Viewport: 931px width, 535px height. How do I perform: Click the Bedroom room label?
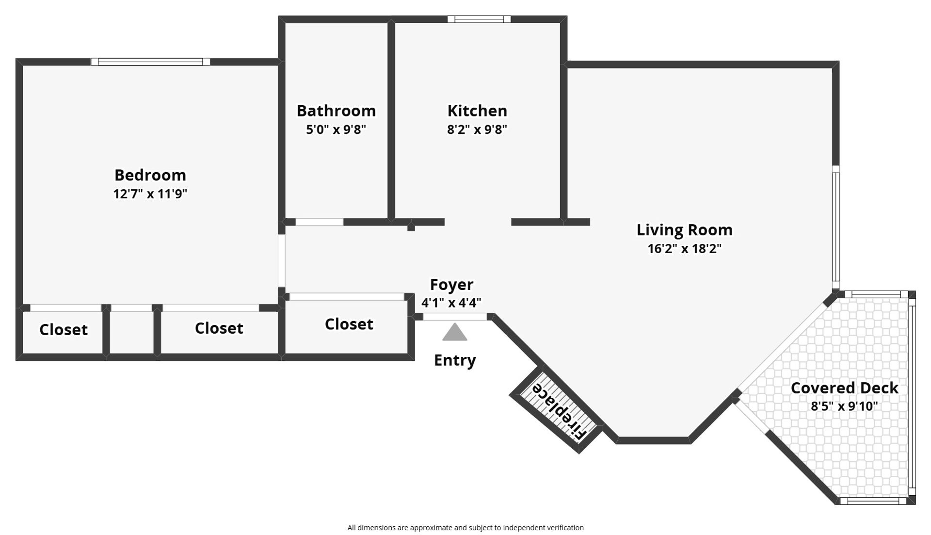pyautogui.click(x=150, y=175)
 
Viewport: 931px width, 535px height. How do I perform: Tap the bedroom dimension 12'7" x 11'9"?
pyautogui.click(x=150, y=194)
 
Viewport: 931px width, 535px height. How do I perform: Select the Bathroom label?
pyautogui.click(x=336, y=111)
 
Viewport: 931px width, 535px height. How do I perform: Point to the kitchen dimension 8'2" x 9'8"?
pyautogui.click(x=477, y=130)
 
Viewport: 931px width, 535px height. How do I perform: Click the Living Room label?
pyautogui.click(x=684, y=229)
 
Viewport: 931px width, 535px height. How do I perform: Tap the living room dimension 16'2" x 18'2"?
pyautogui.click(x=684, y=249)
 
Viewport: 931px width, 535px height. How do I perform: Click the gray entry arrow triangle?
pyautogui.click(x=454, y=333)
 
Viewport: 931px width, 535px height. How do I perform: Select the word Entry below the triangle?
pyautogui.click(x=454, y=360)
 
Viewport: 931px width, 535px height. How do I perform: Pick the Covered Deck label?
pyautogui.click(x=844, y=388)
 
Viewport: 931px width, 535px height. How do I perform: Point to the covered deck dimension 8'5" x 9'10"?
pyautogui.click(x=844, y=406)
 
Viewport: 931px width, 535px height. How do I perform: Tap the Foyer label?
pyautogui.click(x=451, y=284)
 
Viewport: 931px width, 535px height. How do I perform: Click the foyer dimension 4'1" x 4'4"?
pyautogui.click(x=451, y=303)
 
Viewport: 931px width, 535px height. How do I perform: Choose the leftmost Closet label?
pyautogui.click(x=64, y=329)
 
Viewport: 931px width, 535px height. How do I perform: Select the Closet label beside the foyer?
pyautogui.click(x=349, y=324)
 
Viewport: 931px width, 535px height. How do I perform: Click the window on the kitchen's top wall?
pyautogui.click(x=479, y=19)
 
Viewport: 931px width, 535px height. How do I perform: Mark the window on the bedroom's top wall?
pyautogui.click(x=150, y=62)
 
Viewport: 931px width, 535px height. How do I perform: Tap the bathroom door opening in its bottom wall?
pyautogui.click(x=319, y=222)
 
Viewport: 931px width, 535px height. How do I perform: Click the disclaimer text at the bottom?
pyautogui.click(x=465, y=527)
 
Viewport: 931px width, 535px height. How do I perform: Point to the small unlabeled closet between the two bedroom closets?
pyautogui.click(x=131, y=332)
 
